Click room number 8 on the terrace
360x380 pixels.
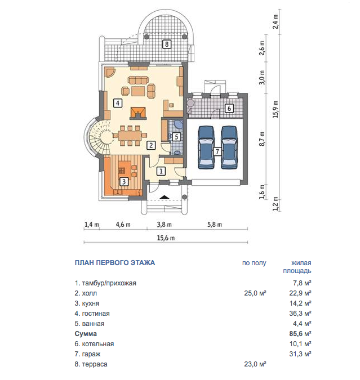167,44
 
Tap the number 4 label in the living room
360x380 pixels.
118,103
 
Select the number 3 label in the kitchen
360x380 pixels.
124,181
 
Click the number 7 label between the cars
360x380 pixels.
217,151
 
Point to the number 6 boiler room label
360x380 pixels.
229,108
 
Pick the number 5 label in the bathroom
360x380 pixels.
176,137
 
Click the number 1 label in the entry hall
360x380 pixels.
161,171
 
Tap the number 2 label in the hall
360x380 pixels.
151,145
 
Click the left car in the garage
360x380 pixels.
206,147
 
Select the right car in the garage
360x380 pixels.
229,147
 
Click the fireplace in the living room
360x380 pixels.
139,113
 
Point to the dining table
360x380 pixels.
130,136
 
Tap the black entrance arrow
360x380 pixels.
165,197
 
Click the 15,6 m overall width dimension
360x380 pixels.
166,238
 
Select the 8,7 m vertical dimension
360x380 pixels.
262,139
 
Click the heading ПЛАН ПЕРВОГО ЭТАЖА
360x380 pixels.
115,263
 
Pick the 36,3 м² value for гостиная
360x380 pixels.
300,314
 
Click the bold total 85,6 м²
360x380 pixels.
300,334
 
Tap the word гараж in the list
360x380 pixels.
91,354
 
